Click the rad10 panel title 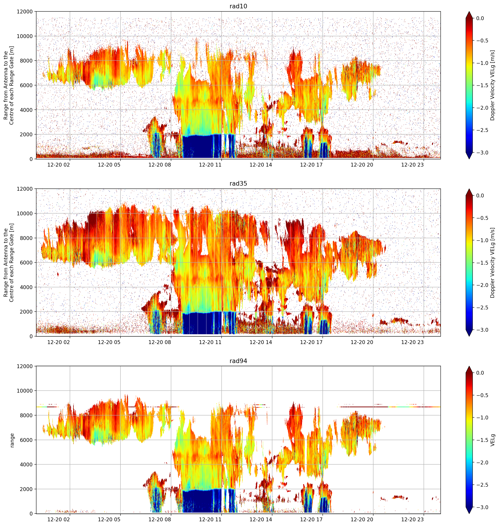tap(238, 6)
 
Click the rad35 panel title tap(238, 183)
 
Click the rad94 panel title tap(238, 361)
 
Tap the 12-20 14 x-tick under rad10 tap(261, 165)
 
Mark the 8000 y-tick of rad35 tap(26, 238)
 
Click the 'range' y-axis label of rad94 tap(12, 440)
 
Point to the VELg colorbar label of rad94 tap(493, 440)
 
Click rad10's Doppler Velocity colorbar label tap(493, 85)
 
